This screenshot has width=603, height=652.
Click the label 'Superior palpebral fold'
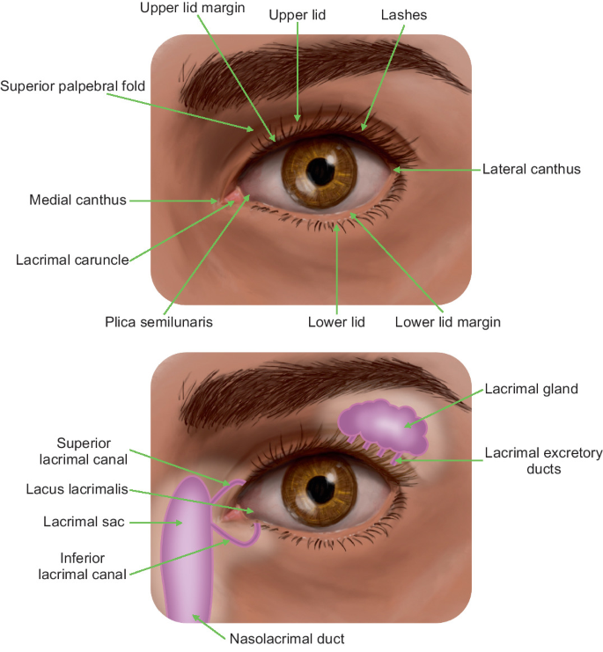(73, 86)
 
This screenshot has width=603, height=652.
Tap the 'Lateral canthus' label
(532, 169)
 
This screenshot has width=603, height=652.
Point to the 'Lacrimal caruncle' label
(72, 260)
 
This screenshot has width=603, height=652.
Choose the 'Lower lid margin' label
(447, 322)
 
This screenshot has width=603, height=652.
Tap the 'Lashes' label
(404, 16)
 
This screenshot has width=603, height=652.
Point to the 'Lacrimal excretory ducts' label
(543, 461)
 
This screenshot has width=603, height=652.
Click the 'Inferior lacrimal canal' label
(83, 564)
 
